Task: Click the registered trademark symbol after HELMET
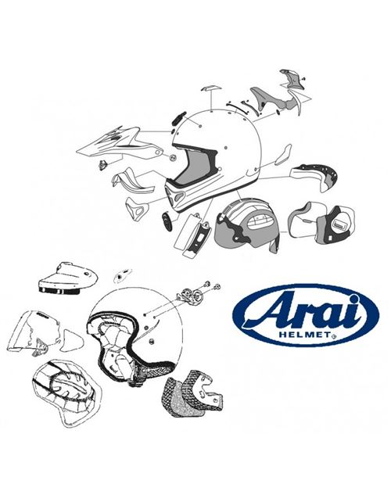click(x=334, y=336)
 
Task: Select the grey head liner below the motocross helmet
click(x=246, y=224)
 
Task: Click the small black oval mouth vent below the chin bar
click(x=167, y=221)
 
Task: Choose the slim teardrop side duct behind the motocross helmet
click(x=283, y=154)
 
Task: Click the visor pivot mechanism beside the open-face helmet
click(x=190, y=296)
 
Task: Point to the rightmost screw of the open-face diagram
click(x=217, y=287)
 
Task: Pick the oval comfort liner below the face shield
click(x=66, y=393)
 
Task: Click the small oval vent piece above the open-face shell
click(x=123, y=274)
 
